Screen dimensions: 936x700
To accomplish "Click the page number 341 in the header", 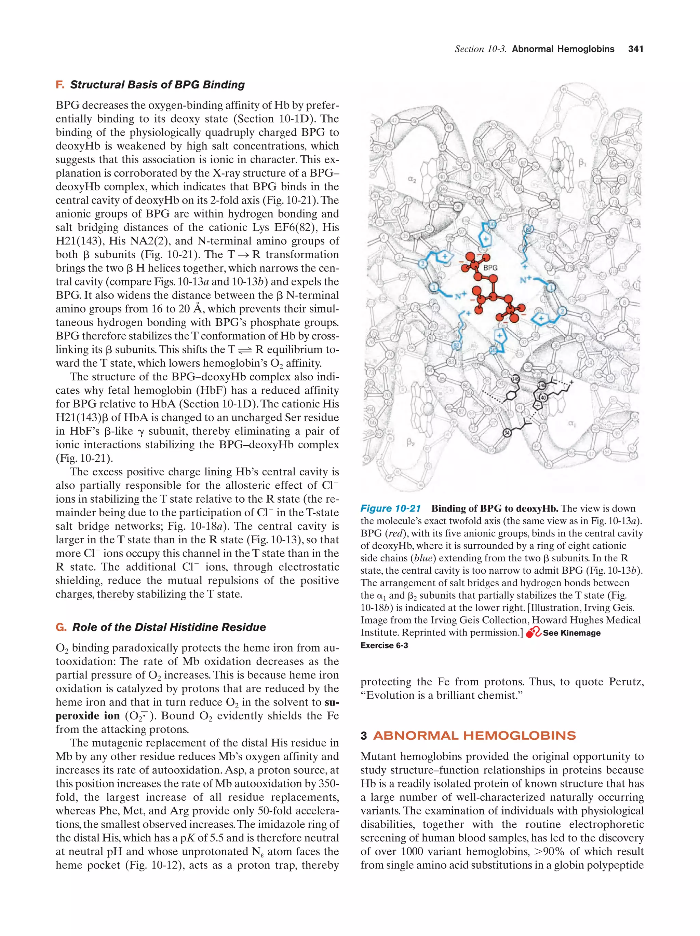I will coord(635,49).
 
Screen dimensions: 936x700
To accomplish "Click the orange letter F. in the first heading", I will coord(60,85).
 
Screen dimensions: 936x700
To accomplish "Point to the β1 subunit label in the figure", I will coord(583,162).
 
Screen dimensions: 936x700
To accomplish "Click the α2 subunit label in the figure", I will coord(412,179).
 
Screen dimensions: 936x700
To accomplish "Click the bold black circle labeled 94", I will coord(507,432).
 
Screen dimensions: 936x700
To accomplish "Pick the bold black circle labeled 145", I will coord(515,379).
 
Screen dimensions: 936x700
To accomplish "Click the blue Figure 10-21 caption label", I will coord(390,508).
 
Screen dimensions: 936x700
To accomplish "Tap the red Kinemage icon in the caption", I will coord(533,633).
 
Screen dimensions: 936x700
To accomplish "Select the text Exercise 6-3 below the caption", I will coord(384,645).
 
